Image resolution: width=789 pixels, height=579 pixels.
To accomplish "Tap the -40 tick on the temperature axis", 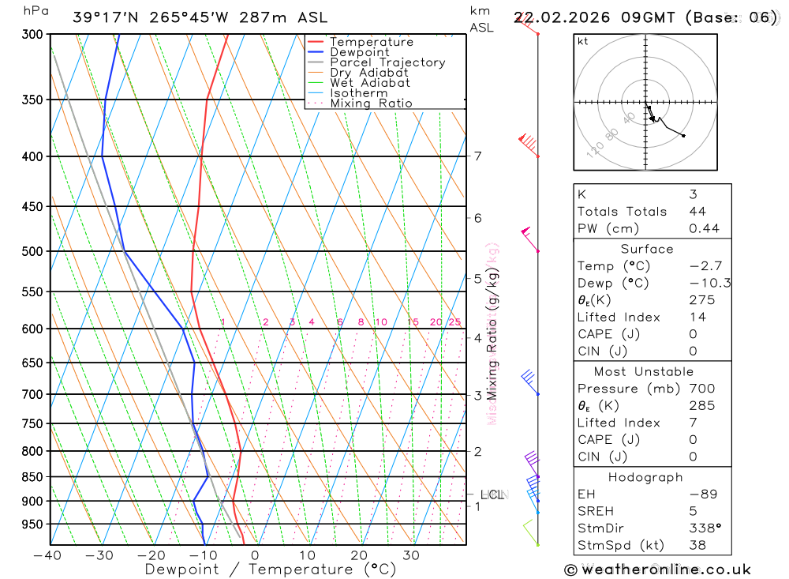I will click(47, 555).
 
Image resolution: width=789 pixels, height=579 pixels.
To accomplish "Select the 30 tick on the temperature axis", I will click(411, 555).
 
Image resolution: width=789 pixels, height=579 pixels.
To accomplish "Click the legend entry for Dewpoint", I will click(359, 52).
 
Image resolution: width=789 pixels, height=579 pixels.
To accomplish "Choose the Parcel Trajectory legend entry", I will click(387, 62).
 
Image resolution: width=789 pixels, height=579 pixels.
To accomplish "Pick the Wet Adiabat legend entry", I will click(369, 83).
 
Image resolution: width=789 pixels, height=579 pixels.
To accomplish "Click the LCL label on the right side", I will click(492, 495).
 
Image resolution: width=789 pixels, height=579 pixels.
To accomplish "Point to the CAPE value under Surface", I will click(693, 334).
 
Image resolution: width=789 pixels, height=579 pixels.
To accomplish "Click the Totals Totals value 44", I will click(697, 212).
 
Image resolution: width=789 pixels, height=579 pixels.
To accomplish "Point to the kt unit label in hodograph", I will click(583, 41).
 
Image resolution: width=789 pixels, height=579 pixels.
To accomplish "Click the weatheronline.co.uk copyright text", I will click(657, 570).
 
